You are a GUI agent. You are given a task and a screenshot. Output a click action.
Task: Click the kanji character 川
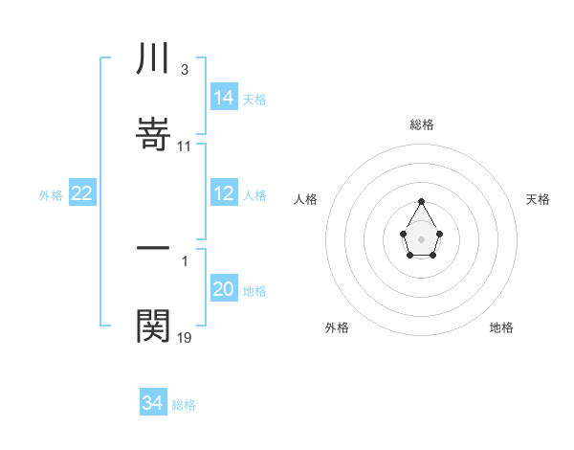coord(154,58)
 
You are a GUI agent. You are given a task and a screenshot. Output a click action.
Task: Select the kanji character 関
coord(154,326)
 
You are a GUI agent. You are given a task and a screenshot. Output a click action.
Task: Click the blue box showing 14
coord(224,98)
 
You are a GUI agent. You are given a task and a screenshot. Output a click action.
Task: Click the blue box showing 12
coord(224,193)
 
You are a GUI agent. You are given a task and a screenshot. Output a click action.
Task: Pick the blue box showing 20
coord(224,289)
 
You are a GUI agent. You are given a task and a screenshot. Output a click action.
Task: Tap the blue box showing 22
coord(82,193)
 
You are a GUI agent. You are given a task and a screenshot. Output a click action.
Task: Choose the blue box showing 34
coord(153,403)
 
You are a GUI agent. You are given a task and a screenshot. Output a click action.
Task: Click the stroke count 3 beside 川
coord(184,70)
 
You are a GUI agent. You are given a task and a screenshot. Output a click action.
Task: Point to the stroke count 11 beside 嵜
coord(185,146)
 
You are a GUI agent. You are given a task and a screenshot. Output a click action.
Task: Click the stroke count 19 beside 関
coord(185,338)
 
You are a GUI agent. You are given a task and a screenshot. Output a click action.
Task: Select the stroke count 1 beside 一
coord(184,259)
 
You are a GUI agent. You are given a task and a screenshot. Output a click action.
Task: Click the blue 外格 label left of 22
coord(51,195)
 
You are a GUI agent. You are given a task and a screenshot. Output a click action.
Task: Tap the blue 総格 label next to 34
coord(184,405)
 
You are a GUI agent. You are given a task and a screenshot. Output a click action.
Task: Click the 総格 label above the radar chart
coord(421,124)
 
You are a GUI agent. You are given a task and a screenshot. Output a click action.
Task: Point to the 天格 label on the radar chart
coord(539,199)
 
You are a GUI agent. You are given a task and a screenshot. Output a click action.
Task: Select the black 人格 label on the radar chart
coord(305,199)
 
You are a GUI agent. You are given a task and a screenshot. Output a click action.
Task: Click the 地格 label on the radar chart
coord(501,327)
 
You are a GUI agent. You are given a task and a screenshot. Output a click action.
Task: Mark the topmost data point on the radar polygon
coord(421,201)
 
